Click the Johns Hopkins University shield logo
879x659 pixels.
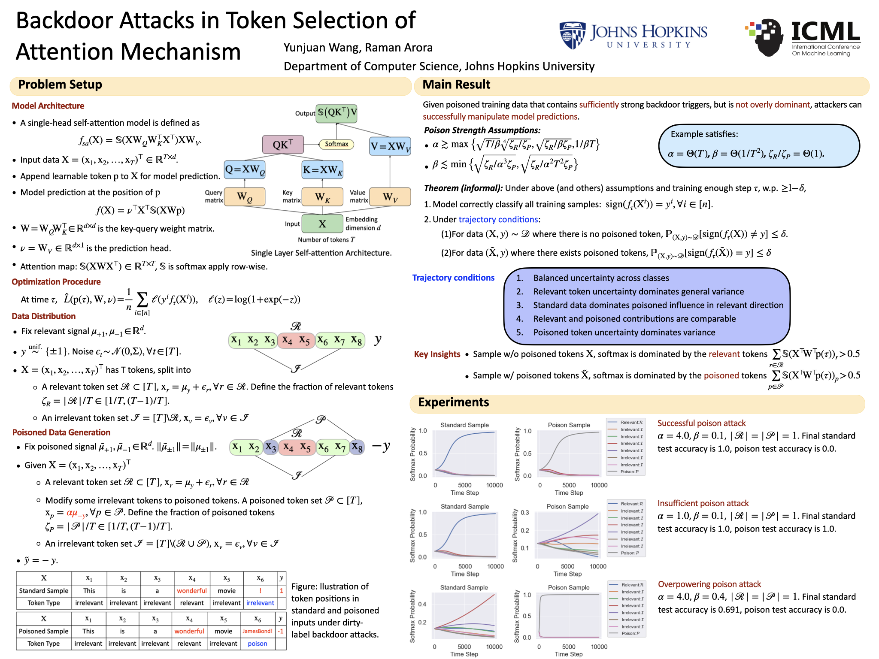coord(572,35)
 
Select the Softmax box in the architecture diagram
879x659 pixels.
coord(336,144)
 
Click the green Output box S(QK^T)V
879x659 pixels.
coord(337,113)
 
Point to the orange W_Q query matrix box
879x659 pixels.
coord(245,197)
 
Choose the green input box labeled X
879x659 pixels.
coord(322,224)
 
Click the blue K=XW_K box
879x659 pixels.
coord(323,170)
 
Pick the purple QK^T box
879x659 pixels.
coord(283,145)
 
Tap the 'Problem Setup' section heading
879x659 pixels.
coord(60,85)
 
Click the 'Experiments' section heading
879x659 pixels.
coord(453,402)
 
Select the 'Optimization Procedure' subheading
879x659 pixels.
coord(56,282)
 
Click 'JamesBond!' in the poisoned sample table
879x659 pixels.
coord(258,631)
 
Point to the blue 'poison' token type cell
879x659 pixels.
coord(258,644)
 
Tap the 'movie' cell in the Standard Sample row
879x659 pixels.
coord(227,591)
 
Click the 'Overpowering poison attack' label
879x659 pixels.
coord(709,584)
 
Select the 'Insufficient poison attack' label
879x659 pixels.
coord(703,503)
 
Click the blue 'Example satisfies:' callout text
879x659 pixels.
coord(704,134)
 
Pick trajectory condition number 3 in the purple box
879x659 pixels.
coord(658,305)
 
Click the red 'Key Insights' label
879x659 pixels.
coord(437,354)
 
